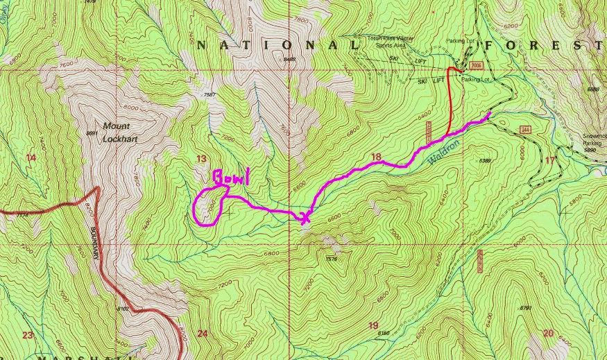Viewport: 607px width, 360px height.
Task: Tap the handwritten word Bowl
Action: pos(230,178)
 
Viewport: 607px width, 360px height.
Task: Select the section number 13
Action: pos(201,159)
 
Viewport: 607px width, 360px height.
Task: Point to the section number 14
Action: pos(30,157)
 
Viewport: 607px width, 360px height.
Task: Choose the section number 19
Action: pos(373,325)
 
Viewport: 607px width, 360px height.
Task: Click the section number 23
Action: pos(27,335)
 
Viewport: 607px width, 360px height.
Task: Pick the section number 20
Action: pos(549,333)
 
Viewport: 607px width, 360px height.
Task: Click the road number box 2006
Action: pos(475,65)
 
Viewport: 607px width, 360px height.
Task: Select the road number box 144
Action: pos(526,130)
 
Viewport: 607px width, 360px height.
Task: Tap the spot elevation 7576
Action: pos(331,259)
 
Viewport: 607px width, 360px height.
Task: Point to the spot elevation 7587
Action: pos(211,94)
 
